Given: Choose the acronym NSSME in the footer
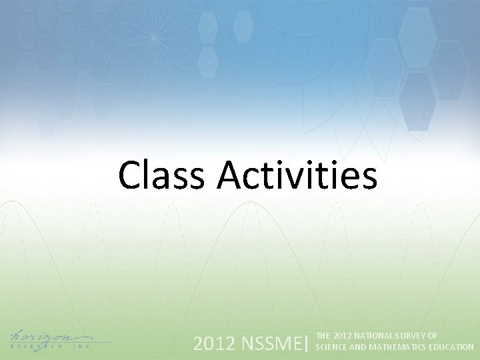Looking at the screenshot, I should point(270,344).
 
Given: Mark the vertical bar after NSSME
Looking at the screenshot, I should point(307,344).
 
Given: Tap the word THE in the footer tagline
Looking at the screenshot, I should point(323,337).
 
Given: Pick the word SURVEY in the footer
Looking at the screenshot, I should point(410,337).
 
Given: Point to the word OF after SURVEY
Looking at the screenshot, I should point(432,337).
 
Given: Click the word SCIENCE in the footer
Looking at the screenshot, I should point(330,347).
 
